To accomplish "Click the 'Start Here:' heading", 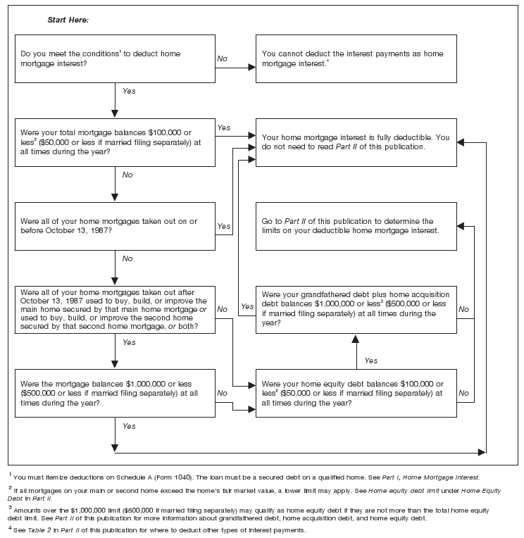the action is click(x=68, y=20).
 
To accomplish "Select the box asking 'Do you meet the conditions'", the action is click(x=115, y=58).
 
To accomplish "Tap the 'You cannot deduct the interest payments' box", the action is click(x=356, y=58).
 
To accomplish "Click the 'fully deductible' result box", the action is click(x=356, y=142).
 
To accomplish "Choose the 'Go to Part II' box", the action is click(x=356, y=226).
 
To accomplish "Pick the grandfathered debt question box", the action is click(x=356, y=309).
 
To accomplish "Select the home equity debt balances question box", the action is click(x=356, y=393).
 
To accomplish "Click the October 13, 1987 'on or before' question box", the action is click(x=115, y=226).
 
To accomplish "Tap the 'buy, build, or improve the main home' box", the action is click(x=115, y=309).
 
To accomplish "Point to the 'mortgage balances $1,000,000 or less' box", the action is click(x=115, y=393).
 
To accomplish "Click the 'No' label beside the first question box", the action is click(x=222, y=58).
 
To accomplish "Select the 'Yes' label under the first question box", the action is click(x=129, y=91).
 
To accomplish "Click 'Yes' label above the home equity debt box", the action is click(x=371, y=361).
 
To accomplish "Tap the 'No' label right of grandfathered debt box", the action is click(x=463, y=309).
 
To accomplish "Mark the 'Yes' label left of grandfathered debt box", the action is click(x=247, y=306).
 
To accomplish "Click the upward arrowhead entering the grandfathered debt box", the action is click(x=356, y=339).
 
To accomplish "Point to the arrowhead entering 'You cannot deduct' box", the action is click(x=252, y=68).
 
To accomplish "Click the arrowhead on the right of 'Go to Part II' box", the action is click(x=461, y=226).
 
